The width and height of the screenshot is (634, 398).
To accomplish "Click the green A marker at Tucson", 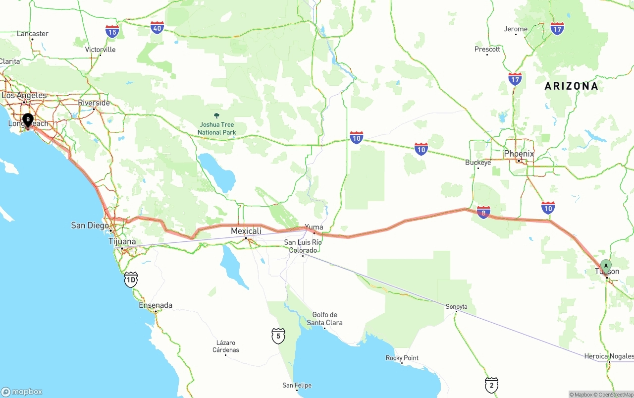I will point(606,266).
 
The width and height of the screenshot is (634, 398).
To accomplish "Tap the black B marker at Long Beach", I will point(28,119).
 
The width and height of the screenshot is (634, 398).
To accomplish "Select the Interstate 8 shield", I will point(483,212).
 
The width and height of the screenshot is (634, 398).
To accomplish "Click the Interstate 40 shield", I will point(158,28).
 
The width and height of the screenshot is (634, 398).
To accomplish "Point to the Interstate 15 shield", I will point(112,32).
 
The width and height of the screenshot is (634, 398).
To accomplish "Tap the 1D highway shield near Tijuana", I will point(131,280).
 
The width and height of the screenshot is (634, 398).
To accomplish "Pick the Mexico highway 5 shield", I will point(278,336).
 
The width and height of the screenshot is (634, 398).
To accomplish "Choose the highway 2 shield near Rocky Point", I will point(491,384).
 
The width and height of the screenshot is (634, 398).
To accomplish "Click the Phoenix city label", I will point(519,154).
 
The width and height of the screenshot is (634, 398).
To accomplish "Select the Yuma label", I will point(314,227).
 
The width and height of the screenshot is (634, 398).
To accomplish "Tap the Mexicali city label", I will point(246,231).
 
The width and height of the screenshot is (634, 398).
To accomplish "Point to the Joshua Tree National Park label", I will point(216,128).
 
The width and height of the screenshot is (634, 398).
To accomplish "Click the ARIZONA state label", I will point(571,86).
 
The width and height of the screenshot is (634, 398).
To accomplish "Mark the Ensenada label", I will point(156,305).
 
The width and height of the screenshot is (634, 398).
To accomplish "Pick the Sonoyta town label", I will point(456,306).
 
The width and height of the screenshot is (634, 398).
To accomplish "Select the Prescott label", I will point(487,49).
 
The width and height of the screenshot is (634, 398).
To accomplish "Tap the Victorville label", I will point(100,50).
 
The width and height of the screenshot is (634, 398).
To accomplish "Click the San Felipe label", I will point(297,385).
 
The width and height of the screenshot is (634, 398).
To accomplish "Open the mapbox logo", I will point(22,392).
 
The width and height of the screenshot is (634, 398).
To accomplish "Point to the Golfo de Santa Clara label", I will point(324,319).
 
